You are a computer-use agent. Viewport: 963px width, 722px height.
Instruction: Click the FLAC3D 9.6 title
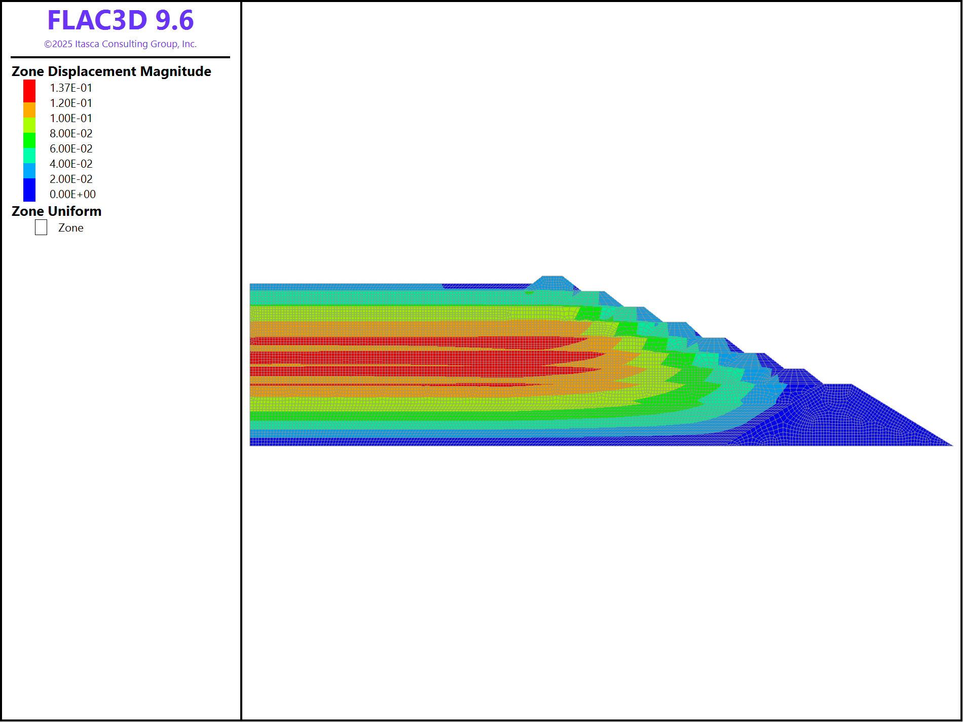tap(121, 20)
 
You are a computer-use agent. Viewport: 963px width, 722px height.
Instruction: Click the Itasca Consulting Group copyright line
tap(121, 44)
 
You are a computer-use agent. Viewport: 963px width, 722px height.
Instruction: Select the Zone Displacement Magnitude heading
tap(112, 71)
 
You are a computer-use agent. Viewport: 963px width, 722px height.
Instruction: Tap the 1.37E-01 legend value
tap(71, 88)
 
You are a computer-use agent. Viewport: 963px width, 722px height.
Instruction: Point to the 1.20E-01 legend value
tap(71, 103)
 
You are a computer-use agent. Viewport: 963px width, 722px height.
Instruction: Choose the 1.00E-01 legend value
tap(71, 118)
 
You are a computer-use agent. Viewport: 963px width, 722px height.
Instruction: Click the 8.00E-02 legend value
tap(71, 133)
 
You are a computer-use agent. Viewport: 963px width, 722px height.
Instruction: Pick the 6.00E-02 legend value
tap(71, 148)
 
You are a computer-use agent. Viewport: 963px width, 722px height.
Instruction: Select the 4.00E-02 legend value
tap(71, 164)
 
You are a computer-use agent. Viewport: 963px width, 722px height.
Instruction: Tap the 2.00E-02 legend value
tap(71, 179)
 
